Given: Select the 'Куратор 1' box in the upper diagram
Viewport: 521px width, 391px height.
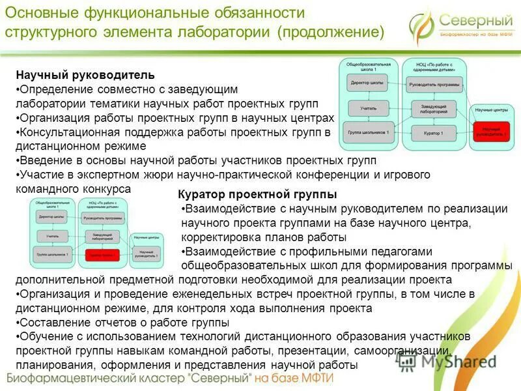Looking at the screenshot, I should click(x=434, y=134).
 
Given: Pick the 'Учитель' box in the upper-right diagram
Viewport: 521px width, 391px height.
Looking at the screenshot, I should click(x=368, y=108).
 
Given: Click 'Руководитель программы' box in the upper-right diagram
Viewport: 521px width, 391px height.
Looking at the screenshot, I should click(x=434, y=85).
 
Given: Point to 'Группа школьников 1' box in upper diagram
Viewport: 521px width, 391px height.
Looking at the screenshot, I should click(x=368, y=134).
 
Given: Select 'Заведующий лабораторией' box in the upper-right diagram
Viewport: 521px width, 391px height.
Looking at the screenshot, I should click(x=434, y=109).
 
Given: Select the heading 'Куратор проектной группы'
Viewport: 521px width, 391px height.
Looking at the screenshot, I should click(x=257, y=194).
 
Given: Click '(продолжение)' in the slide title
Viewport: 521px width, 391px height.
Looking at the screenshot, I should click(x=330, y=31).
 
